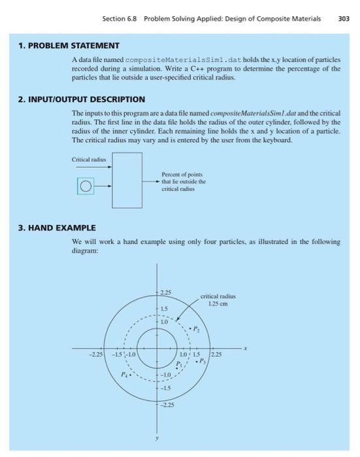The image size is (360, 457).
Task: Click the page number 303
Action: click(344, 18)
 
